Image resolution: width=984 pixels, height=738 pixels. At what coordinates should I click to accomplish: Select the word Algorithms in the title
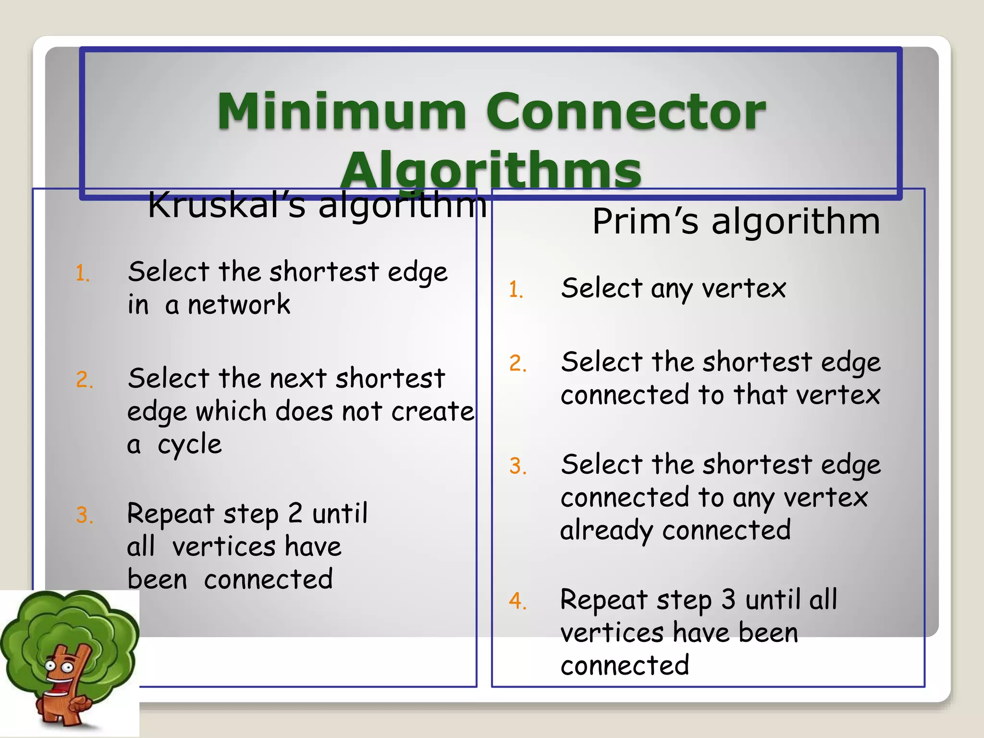click(491, 171)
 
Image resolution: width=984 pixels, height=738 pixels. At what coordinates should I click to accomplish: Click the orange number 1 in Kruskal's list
click(82, 274)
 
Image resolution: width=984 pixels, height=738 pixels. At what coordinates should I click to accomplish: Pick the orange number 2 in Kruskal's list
click(84, 380)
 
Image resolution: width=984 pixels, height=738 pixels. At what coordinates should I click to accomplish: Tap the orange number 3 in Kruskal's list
click(84, 516)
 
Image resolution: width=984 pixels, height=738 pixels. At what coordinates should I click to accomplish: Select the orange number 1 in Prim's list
click(516, 290)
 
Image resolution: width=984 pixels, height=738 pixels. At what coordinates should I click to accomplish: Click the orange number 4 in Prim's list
click(517, 601)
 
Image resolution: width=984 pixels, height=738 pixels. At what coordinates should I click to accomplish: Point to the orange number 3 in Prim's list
click(517, 466)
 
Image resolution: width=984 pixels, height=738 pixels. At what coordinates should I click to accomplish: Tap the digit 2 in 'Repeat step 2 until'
click(295, 513)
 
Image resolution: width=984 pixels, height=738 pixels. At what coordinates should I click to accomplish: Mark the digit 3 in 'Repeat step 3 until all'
click(728, 599)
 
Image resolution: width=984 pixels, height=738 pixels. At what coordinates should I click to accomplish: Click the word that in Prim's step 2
click(760, 395)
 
